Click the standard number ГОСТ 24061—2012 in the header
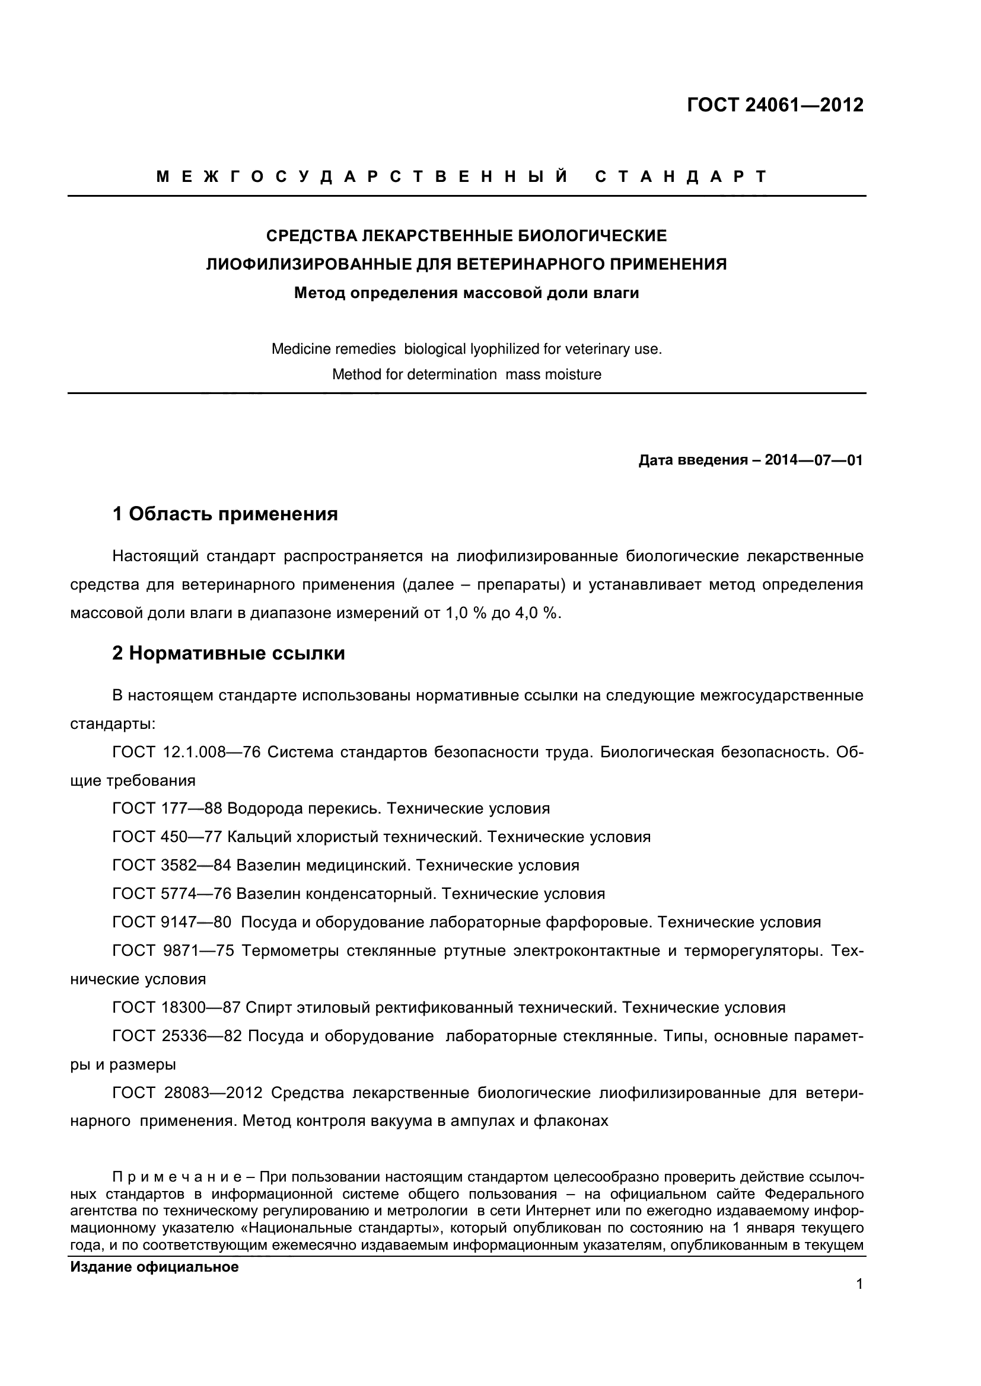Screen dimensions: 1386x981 (775, 105)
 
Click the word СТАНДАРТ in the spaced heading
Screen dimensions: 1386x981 (681, 176)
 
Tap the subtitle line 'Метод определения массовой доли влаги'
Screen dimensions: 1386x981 (466, 293)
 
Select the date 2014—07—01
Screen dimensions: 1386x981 (814, 460)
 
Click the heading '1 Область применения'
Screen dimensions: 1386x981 (225, 514)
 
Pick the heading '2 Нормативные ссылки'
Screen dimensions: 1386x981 (228, 653)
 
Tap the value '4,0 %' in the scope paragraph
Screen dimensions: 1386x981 (537, 613)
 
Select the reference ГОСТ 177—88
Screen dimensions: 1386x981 (167, 809)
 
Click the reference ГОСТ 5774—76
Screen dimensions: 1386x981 (171, 894)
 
